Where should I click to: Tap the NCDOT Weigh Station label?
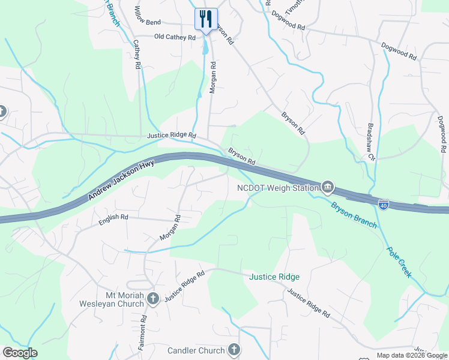[x=277, y=188]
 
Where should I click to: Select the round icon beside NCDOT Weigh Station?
[x=328, y=188]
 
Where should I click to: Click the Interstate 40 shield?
[x=384, y=205]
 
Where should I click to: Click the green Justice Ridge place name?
[x=274, y=277]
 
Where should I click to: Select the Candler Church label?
[x=196, y=350]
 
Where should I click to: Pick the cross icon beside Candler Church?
[x=234, y=350]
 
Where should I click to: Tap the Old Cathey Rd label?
[x=175, y=37]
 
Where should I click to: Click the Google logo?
[x=20, y=353]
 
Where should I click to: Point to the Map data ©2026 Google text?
[x=412, y=355]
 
